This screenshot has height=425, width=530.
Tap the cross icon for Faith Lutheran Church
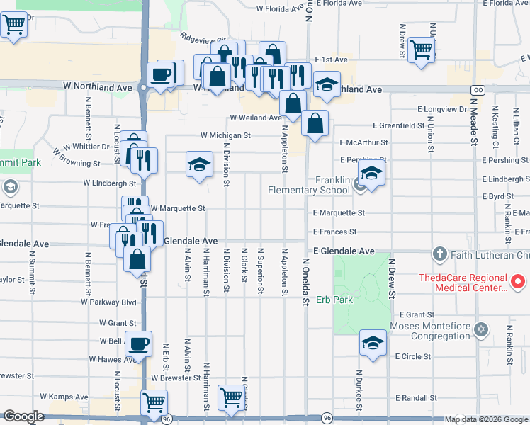click(439, 254)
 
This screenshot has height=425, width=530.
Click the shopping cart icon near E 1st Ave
click(422, 50)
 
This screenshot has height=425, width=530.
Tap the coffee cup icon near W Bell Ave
click(139, 344)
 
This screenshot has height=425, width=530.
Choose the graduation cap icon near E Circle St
click(373, 343)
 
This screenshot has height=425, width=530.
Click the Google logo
click(23, 416)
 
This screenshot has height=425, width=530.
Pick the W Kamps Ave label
click(64, 397)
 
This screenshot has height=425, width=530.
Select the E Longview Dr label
click(442, 109)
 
